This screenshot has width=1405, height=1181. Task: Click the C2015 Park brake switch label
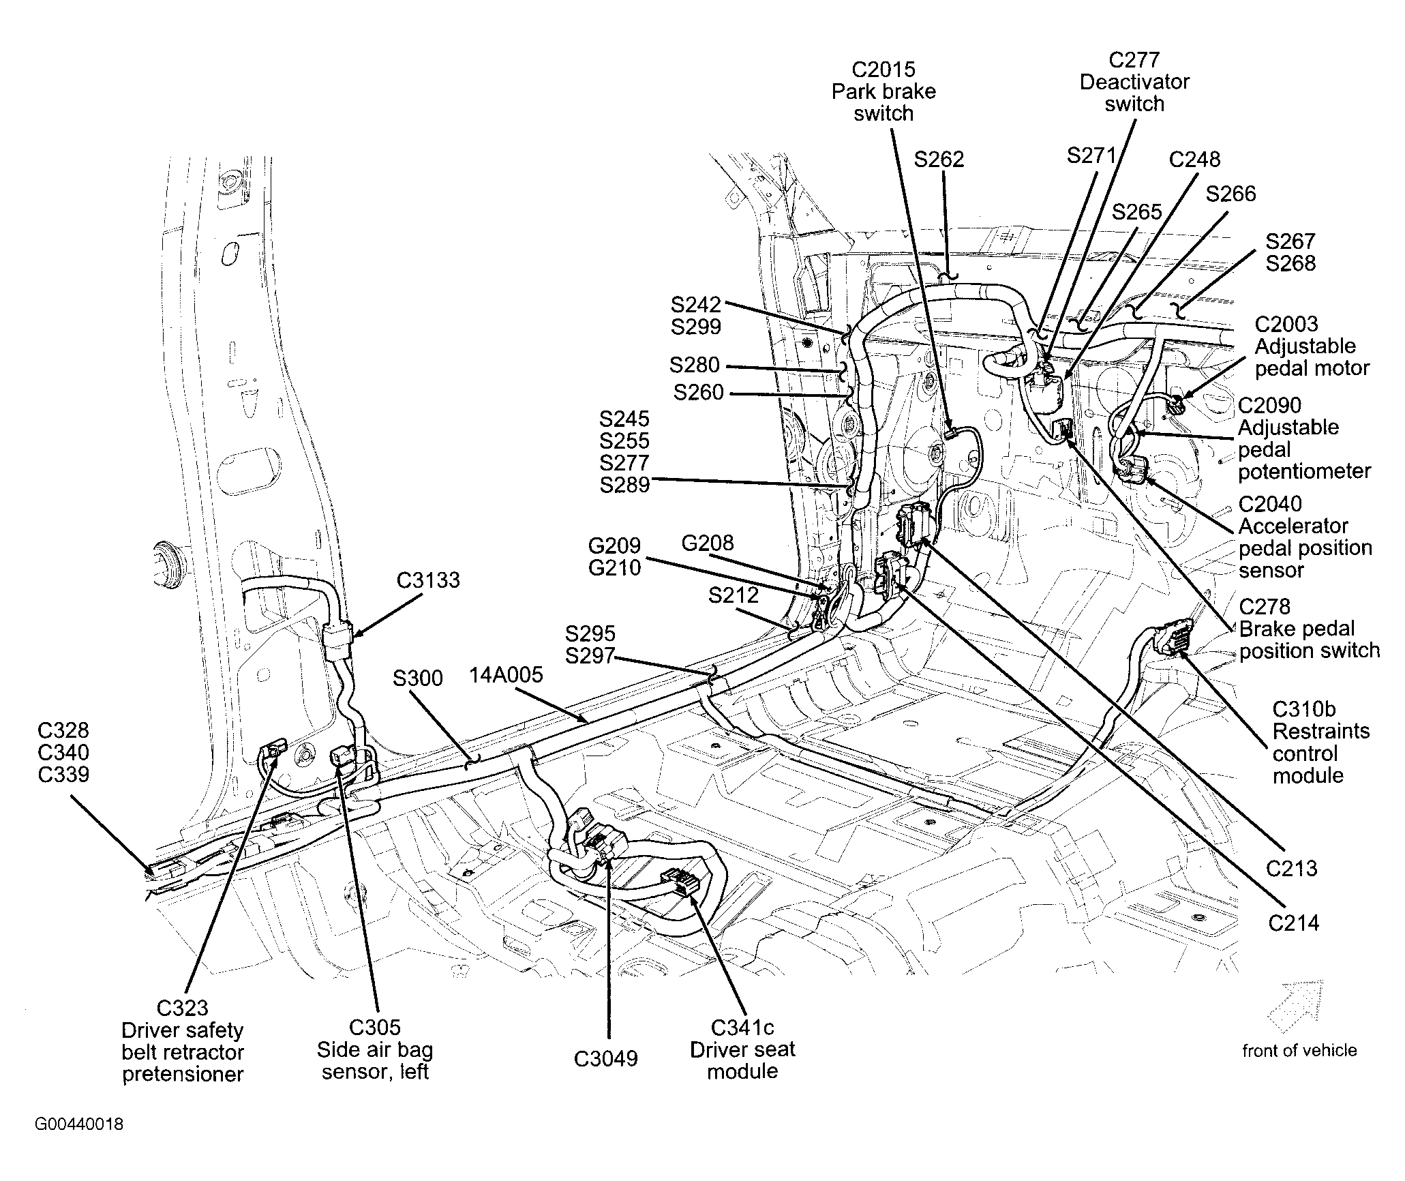[883, 91]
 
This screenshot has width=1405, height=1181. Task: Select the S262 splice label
[939, 160]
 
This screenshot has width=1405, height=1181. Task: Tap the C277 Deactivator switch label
[1134, 82]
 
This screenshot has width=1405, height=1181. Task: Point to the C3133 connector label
[429, 580]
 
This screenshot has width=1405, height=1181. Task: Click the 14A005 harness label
[506, 675]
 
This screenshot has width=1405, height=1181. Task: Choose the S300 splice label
[418, 678]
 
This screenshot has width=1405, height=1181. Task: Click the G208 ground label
[708, 543]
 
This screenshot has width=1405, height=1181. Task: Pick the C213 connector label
[1292, 868]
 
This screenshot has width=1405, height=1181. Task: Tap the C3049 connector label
[606, 1059]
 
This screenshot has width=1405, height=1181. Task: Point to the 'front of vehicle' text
[1299, 1051]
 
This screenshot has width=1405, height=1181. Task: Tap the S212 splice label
[734, 595]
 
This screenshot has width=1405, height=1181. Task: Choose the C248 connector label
[1194, 160]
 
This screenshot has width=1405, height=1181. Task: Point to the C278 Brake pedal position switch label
[1309, 628]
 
